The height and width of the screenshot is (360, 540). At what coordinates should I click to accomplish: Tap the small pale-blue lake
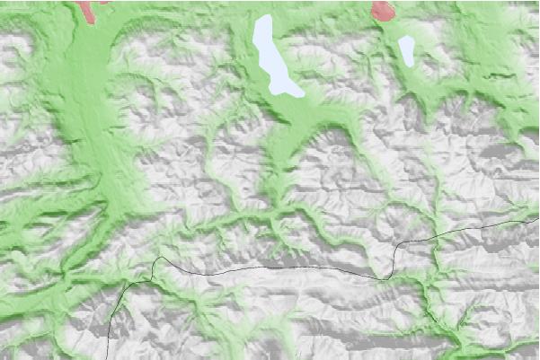coord(408,51)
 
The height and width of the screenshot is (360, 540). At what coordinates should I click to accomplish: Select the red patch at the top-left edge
coord(87,12)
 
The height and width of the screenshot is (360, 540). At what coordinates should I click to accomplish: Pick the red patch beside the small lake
coord(382,11)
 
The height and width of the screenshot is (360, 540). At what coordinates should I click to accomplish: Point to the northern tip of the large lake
coord(264,18)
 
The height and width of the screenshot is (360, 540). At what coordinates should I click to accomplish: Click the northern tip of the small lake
coord(406,37)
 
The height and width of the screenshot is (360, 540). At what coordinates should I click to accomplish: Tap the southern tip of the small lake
coord(411,67)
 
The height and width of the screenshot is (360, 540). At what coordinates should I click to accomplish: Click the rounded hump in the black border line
coord(162,259)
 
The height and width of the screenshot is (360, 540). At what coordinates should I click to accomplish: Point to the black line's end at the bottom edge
coord(109,357)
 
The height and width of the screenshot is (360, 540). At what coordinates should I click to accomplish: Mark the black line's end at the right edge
coord(537,217)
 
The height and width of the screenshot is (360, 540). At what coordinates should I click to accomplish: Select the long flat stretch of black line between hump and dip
coord(270,268)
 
